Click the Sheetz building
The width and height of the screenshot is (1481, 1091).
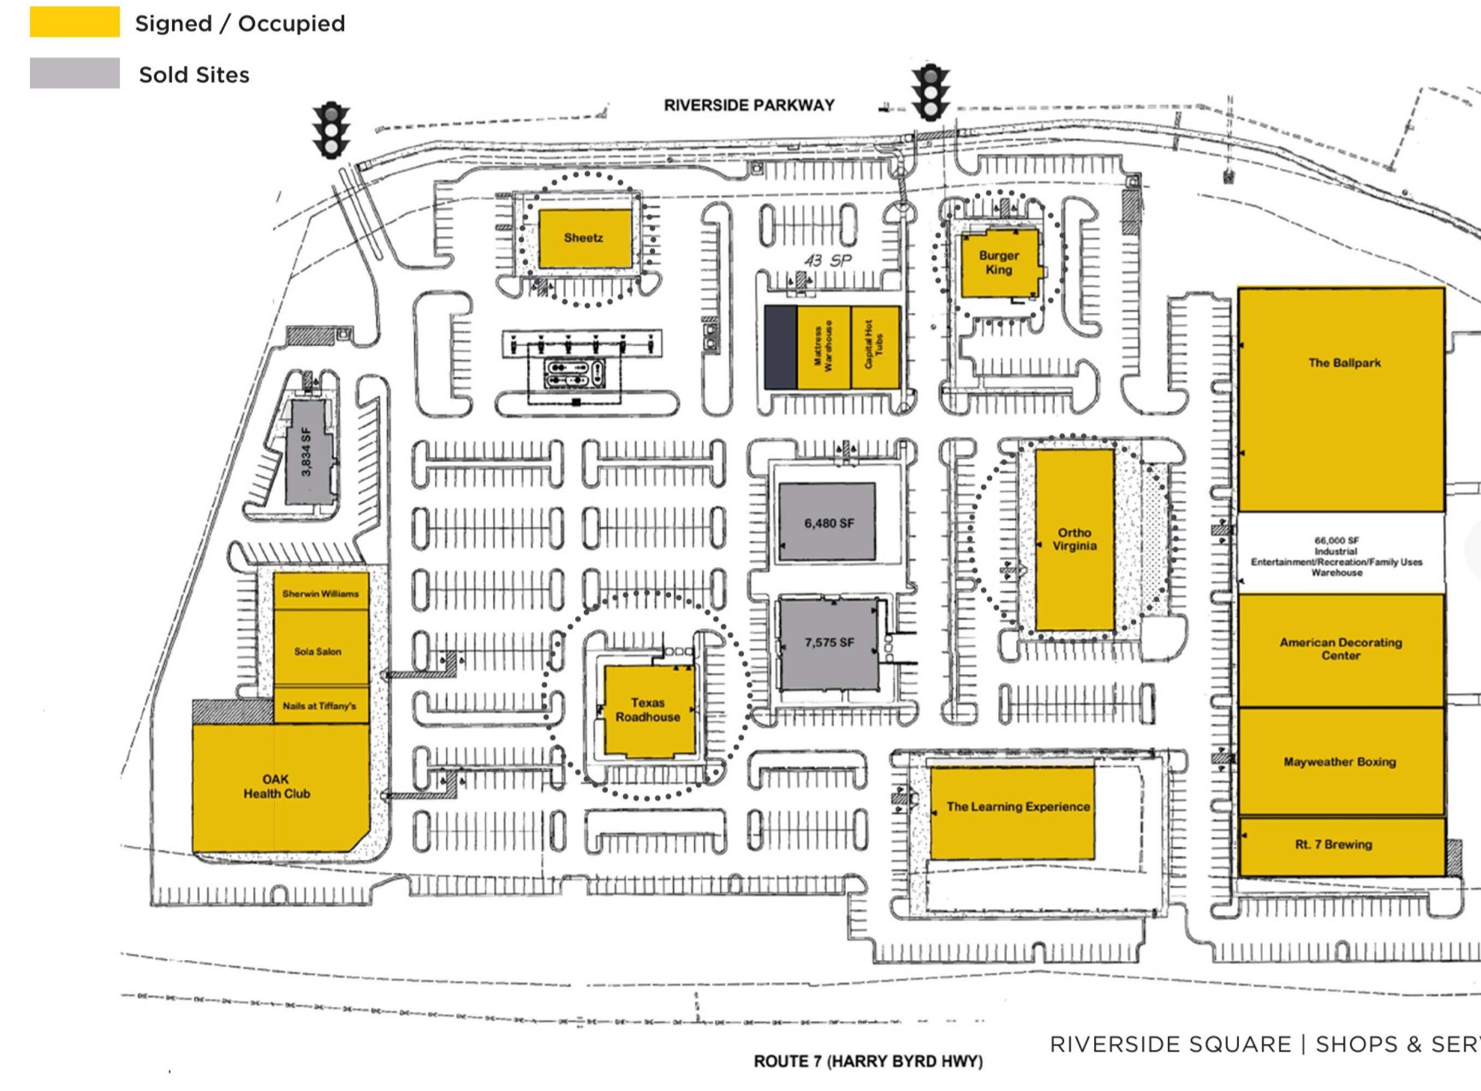pyautogui.click(x=584, y=238)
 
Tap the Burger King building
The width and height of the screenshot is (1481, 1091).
pyautogui.click(x=999, y=263)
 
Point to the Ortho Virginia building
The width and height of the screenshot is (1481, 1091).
pyautogui.click(x=1074, y=539)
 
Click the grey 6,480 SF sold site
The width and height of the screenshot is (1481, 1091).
pyautogui.click(x=828, y=523)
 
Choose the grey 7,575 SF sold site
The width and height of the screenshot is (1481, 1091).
pyautogui.click(x=829, y=643)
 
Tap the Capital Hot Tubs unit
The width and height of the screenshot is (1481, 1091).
pyautogui.click(x=875, y=347)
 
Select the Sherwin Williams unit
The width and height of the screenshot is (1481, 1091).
pyautogui.click(x=321, y=592)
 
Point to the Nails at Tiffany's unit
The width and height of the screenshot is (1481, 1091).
pyautogui.click(x=320, y=705)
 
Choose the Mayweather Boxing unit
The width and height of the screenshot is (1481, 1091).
pyautogui.click(x=1340, y=762)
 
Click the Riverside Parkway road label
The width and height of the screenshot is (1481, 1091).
pyautogui.click(x=749, y=105)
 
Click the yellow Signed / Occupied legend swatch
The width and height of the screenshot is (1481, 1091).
pyautogui.click(x=75, y=22)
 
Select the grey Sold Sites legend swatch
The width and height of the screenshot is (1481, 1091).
pyautogui.click(x=75, y=73)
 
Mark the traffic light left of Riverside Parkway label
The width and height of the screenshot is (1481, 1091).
pyautogui.click(x=331, y=130)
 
